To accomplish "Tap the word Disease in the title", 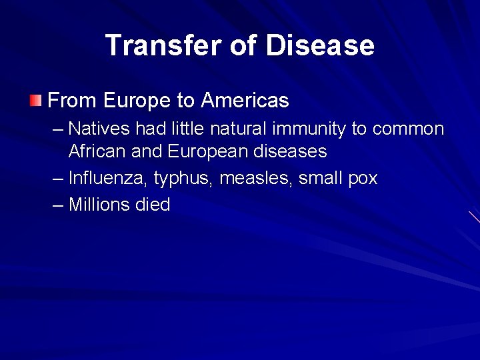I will pos(320,46).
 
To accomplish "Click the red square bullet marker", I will pos(35,101).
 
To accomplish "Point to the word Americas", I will pos(245,101).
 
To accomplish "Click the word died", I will pos(153,205).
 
